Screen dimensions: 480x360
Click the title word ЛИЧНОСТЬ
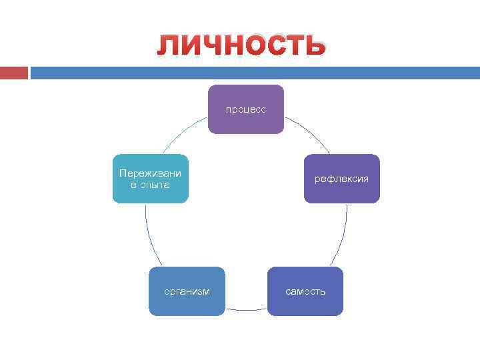tap(241, 47)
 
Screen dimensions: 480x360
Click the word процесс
tap(246, 109)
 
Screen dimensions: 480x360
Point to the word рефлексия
tap(342, 179)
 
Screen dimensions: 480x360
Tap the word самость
tap(305, 291)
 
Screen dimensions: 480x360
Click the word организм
tap(187, 291)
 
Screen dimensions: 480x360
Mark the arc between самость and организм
tap(246, 309)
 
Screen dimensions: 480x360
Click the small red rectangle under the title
tap(13, 73)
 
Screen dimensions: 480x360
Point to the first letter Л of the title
tap(167, 47)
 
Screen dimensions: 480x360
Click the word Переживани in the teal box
tap(150, 173)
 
